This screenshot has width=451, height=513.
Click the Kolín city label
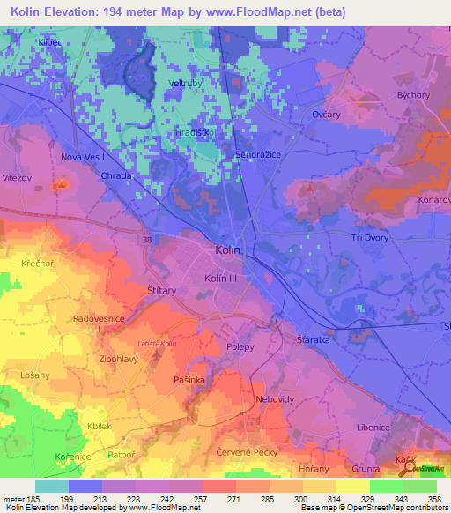[x=227, y=250]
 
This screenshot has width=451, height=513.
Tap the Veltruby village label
[x=186, y=84]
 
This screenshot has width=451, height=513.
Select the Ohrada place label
[x=115, y=175]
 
